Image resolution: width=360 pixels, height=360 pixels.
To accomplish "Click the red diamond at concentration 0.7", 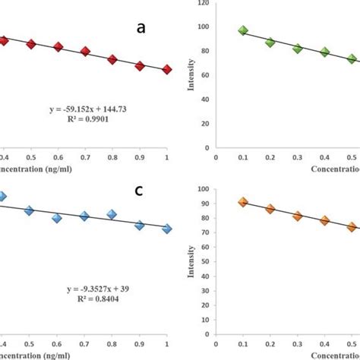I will tap(85, 52).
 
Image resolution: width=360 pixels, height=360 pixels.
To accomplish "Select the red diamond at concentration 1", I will tap(167, 70).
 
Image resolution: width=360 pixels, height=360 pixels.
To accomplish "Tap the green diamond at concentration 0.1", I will tap(243, 31).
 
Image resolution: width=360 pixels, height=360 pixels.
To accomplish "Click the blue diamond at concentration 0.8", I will tap(112, 214).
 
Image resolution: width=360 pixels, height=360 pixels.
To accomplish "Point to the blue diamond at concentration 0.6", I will tap(58, 218).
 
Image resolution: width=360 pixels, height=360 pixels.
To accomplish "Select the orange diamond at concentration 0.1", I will tap(243, 202).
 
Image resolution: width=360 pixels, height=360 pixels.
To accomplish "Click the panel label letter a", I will tap(141, 28).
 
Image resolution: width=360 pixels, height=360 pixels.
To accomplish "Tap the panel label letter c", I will tap(139, 190).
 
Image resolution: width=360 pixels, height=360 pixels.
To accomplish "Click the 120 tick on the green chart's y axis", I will tap(203, 3).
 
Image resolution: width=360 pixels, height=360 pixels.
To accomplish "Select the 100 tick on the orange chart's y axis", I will tap(203, 188).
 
